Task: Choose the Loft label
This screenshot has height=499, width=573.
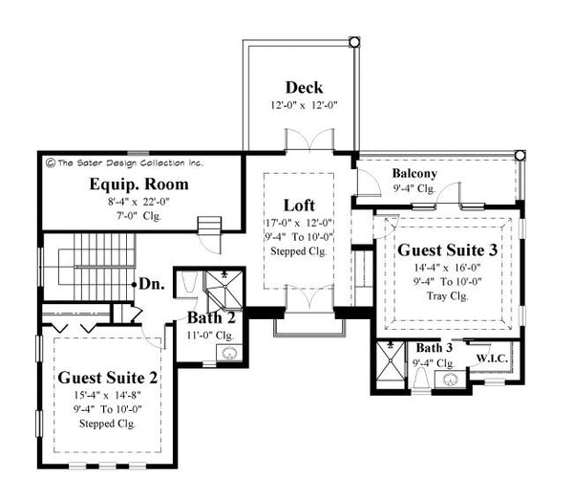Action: (x=299, y=206)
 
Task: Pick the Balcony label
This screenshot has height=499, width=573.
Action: (x=414, y=174)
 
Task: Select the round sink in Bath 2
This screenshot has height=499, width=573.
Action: (x=227, y=354)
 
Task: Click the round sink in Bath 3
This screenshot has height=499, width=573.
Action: (x=448, y=380)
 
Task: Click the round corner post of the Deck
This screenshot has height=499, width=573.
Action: (x=354, y=42)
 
